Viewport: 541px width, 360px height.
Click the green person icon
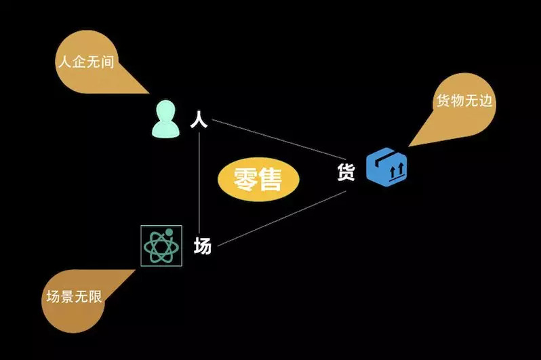166,119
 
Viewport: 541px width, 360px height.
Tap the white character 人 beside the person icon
199,119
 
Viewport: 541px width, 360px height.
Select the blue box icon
386,167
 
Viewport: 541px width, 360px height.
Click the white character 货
346,172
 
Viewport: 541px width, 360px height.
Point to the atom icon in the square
161,245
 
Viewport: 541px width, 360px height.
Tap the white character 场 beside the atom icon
203,246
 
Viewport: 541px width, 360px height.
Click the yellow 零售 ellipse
258,180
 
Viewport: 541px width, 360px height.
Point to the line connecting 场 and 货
282,218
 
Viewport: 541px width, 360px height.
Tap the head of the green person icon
166,111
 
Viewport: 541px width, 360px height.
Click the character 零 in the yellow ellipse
245,179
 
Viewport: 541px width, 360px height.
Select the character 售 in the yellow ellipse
270,180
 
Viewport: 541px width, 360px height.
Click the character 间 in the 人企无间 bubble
108,62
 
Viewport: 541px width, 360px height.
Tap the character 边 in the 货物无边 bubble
485,101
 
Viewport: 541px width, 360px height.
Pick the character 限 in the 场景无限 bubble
95,296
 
